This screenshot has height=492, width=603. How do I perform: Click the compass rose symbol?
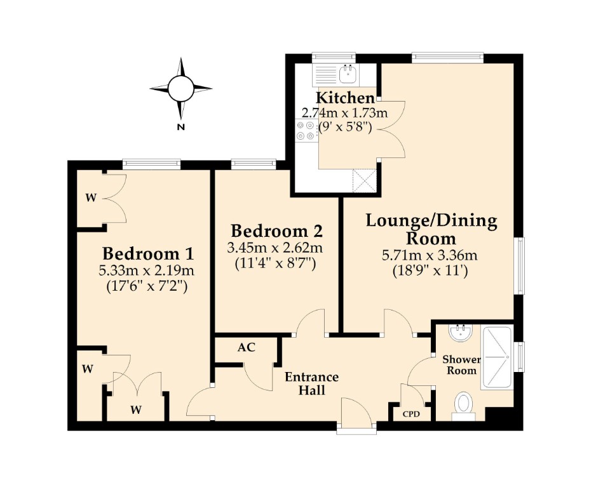pyautogui.click(x=180, y=88)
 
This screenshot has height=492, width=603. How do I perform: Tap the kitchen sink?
pyautogui.click(x=349, y=74)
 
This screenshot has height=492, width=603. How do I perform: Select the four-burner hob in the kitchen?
pyautogui.click(x=306, y=130)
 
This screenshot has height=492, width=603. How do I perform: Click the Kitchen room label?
pyautogui.click(x=345, y=98)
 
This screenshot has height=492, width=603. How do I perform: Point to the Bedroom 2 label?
pyautogui.click(x=276, y=231)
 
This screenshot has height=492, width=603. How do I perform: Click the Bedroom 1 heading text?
pyautogui.click(x=148, y=254)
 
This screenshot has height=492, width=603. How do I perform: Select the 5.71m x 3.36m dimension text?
pyautogui.click(x=430, y=255)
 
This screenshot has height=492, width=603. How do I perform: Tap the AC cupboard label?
pyautogui.click(x=246, y=347)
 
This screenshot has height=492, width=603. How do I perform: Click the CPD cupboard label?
pyautogui.click(x=411, y=415)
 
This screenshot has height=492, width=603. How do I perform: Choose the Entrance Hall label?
pyautogui.click(x=311, y=383)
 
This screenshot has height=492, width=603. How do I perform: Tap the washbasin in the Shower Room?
pyautogui.click(x=459, y=333)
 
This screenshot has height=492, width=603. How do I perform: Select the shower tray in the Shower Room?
pyautogui.click(x=496, y=357)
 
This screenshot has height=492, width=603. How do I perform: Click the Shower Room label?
pyautogui.click(x=461, y=365)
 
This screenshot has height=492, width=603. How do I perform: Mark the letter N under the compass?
pyautogui.click(x=180, y=127)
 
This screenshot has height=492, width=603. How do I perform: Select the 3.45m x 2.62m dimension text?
pyautogui.click(x=274, y=248)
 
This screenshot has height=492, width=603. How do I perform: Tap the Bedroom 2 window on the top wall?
pyautogui.click(x=254, y=164)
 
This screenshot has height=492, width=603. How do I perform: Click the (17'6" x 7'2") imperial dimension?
pyautogui.click(x=147, y=287)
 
